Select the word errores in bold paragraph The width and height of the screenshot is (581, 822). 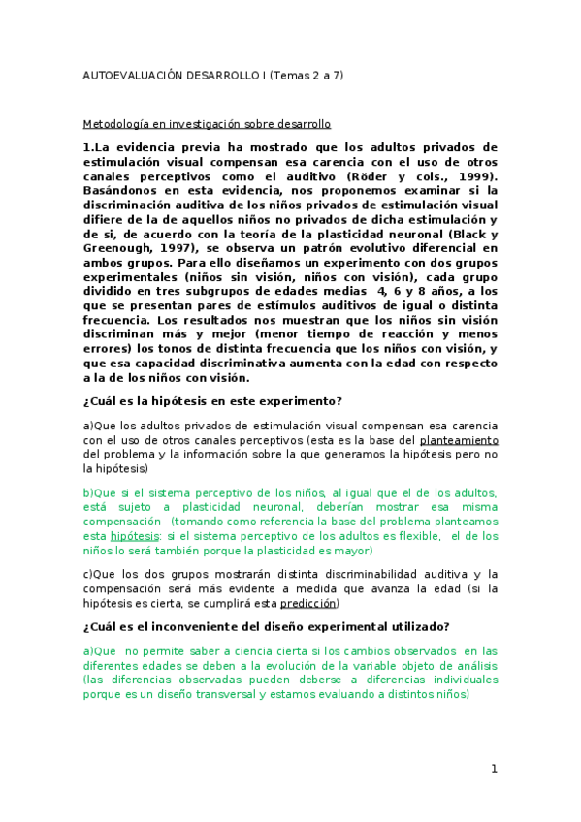pos(110,349)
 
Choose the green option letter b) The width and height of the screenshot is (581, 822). pos(88,492)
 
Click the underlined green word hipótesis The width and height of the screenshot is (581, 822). pos(133,535)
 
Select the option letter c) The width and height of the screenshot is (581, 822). pos(87,574)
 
